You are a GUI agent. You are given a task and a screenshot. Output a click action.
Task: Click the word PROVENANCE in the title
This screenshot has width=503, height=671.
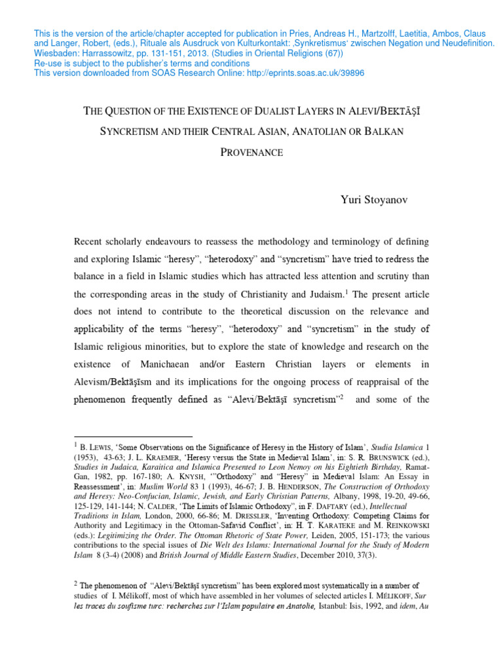(x=251, y=153)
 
